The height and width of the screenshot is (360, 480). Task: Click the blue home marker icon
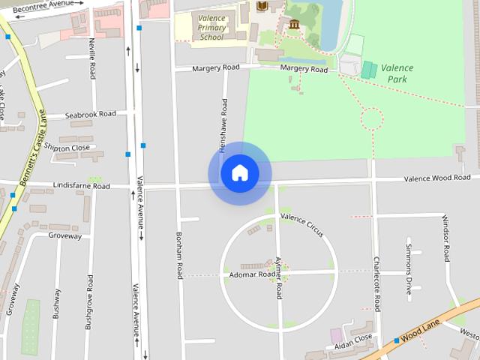(240, 173)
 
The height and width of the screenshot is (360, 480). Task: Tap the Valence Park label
(397, 73)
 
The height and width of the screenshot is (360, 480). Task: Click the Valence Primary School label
(211, 28)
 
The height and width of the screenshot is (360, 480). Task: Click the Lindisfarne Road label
(81, 186)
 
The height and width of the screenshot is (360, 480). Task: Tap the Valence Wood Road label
(437, 178)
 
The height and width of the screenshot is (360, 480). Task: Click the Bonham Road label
(180, 255)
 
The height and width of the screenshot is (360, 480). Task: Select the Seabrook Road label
(90, 115)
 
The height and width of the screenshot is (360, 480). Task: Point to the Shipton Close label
(67, 148)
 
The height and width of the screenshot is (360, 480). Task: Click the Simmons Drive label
(409, 268)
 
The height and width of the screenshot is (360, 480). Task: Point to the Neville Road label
(92, 58)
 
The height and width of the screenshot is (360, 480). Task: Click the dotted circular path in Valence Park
(372, 118)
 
